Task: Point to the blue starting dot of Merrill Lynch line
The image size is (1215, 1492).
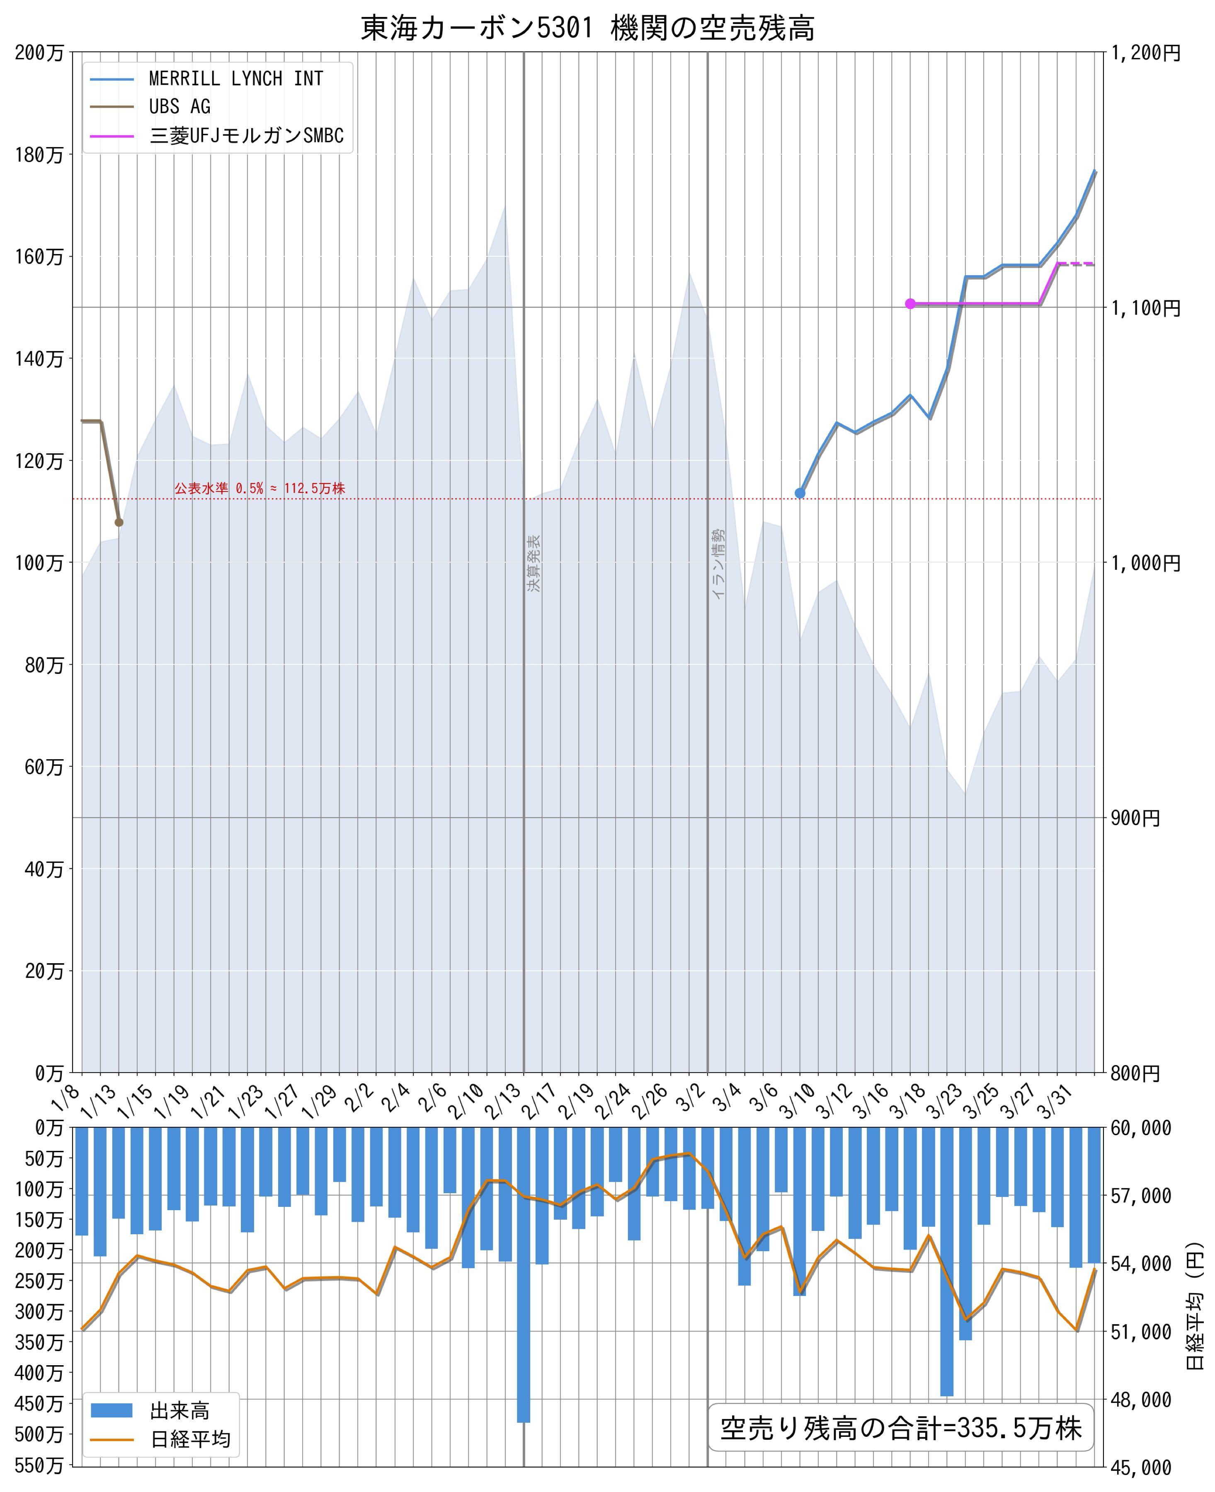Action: tap(800, 493)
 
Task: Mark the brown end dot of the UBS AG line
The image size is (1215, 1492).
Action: tap(119, 522)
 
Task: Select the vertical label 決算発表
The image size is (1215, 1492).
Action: tap(534, 563)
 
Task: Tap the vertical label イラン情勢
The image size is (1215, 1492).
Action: tap(718, 563)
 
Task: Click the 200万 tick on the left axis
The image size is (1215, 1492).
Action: tap(39, 53)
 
